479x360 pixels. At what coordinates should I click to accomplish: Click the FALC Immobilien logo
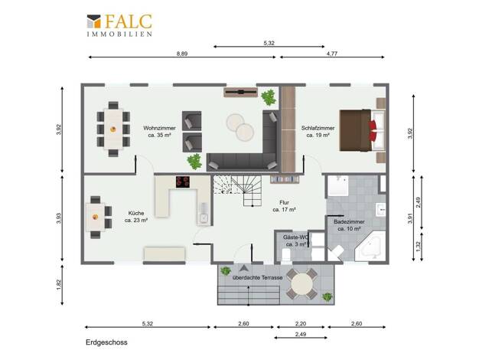119,25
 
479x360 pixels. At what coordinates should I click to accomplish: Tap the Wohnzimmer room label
159,132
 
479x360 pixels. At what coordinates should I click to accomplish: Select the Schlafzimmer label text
318,132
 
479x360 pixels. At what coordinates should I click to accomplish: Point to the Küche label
136,217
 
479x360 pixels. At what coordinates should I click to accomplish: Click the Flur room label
284,206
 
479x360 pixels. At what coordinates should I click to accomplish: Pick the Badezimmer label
349,225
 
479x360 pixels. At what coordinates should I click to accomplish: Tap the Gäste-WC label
296,241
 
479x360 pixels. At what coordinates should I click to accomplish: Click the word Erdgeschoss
106,342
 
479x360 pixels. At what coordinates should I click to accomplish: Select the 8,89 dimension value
182,54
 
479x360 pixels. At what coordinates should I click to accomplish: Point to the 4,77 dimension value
332,54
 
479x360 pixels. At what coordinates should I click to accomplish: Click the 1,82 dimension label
59,285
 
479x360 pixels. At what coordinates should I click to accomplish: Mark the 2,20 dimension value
301,323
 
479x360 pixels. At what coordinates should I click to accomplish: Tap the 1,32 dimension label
419,247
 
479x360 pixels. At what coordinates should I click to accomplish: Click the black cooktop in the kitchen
183,182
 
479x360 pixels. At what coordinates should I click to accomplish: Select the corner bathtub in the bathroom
370,246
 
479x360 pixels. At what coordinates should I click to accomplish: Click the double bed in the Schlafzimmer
362,130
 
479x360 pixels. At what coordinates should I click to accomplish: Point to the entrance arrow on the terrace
243,269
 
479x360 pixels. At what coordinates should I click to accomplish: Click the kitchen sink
203,218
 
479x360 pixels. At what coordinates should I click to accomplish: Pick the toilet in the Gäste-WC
286,254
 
